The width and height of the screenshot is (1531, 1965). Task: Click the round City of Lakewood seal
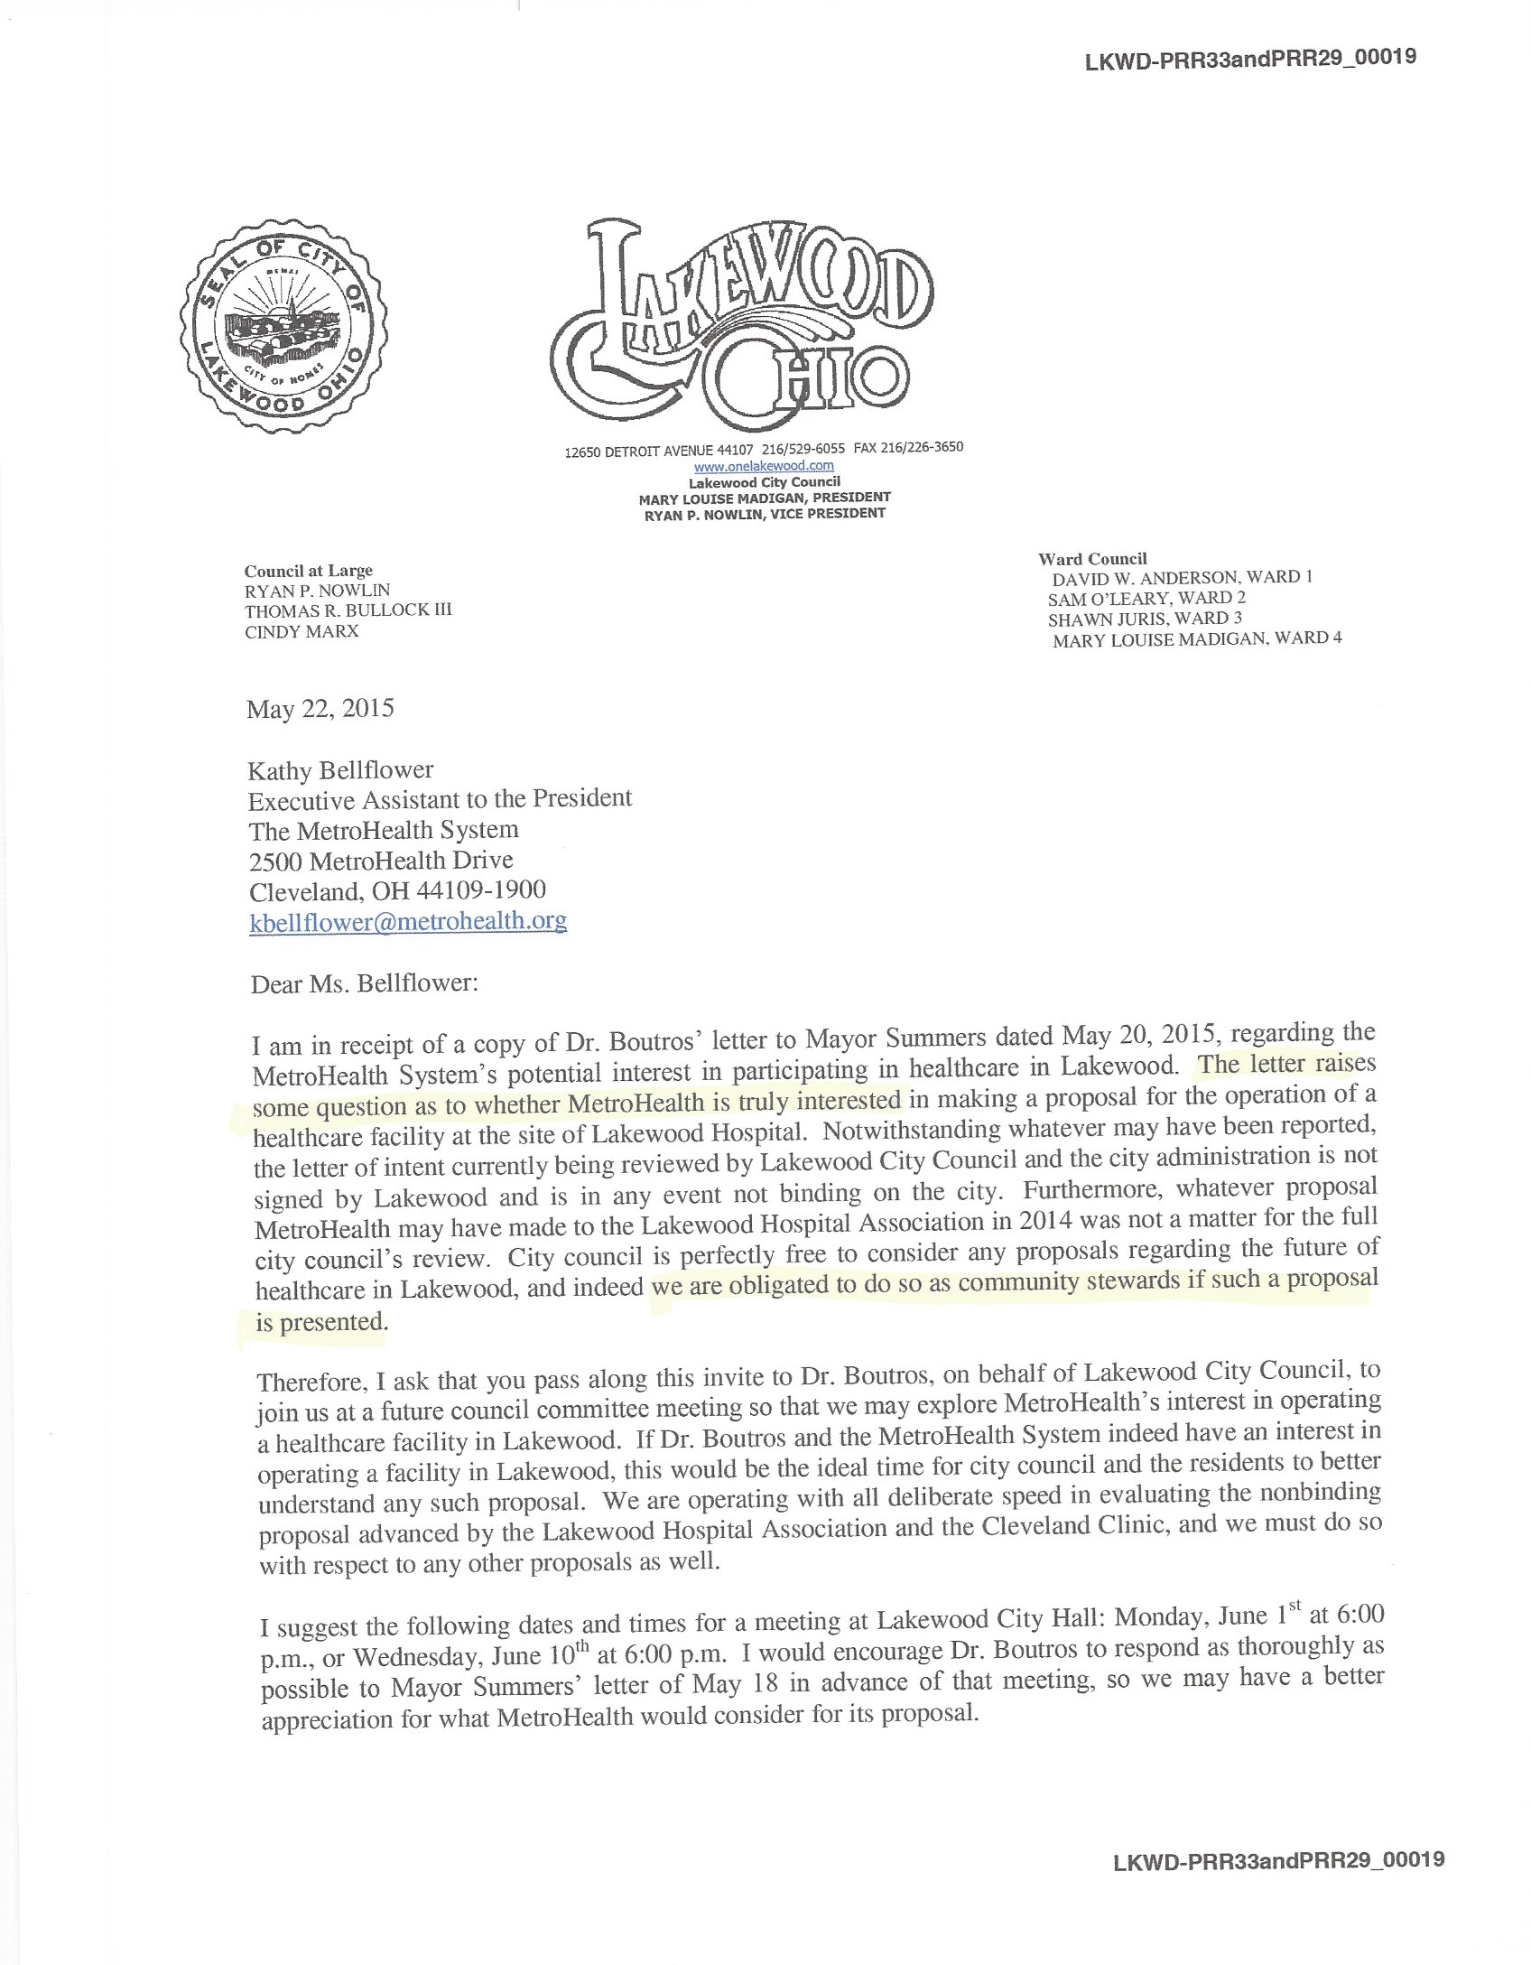284,330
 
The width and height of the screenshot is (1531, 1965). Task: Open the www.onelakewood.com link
764,467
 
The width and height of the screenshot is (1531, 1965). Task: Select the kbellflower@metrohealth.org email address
408,921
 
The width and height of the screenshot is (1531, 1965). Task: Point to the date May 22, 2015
320,708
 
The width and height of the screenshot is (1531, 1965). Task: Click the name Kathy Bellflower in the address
340,770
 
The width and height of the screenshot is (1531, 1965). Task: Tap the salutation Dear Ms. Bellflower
364,982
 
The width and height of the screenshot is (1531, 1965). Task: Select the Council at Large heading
308,571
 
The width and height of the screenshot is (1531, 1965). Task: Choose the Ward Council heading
1092,559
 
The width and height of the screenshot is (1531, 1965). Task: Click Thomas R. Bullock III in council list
348,610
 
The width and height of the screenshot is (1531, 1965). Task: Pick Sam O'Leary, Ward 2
1146,598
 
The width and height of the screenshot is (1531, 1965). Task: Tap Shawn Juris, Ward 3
1145,619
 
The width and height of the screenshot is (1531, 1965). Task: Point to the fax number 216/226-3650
923,447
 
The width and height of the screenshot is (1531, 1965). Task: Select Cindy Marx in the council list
302,631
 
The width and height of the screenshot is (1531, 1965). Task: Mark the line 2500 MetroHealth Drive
381,860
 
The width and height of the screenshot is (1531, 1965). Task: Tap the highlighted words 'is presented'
320,1323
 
